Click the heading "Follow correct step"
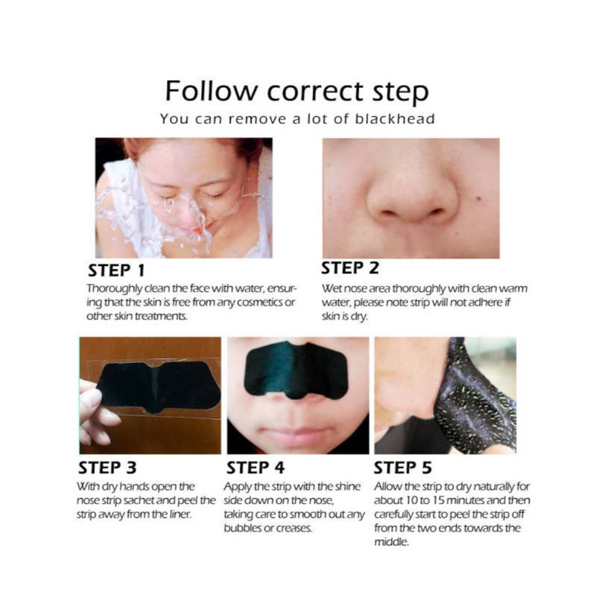coord(297,92)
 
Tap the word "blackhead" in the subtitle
coord(395,119)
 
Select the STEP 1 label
coord(116,270)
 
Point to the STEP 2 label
coord(350,268)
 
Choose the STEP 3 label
coord(107,468)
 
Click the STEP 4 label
coord(256,468)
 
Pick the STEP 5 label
coord(403,468)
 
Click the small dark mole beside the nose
coord(479,198)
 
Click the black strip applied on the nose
coord(296,370)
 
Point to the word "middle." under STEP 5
coord(392,542)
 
